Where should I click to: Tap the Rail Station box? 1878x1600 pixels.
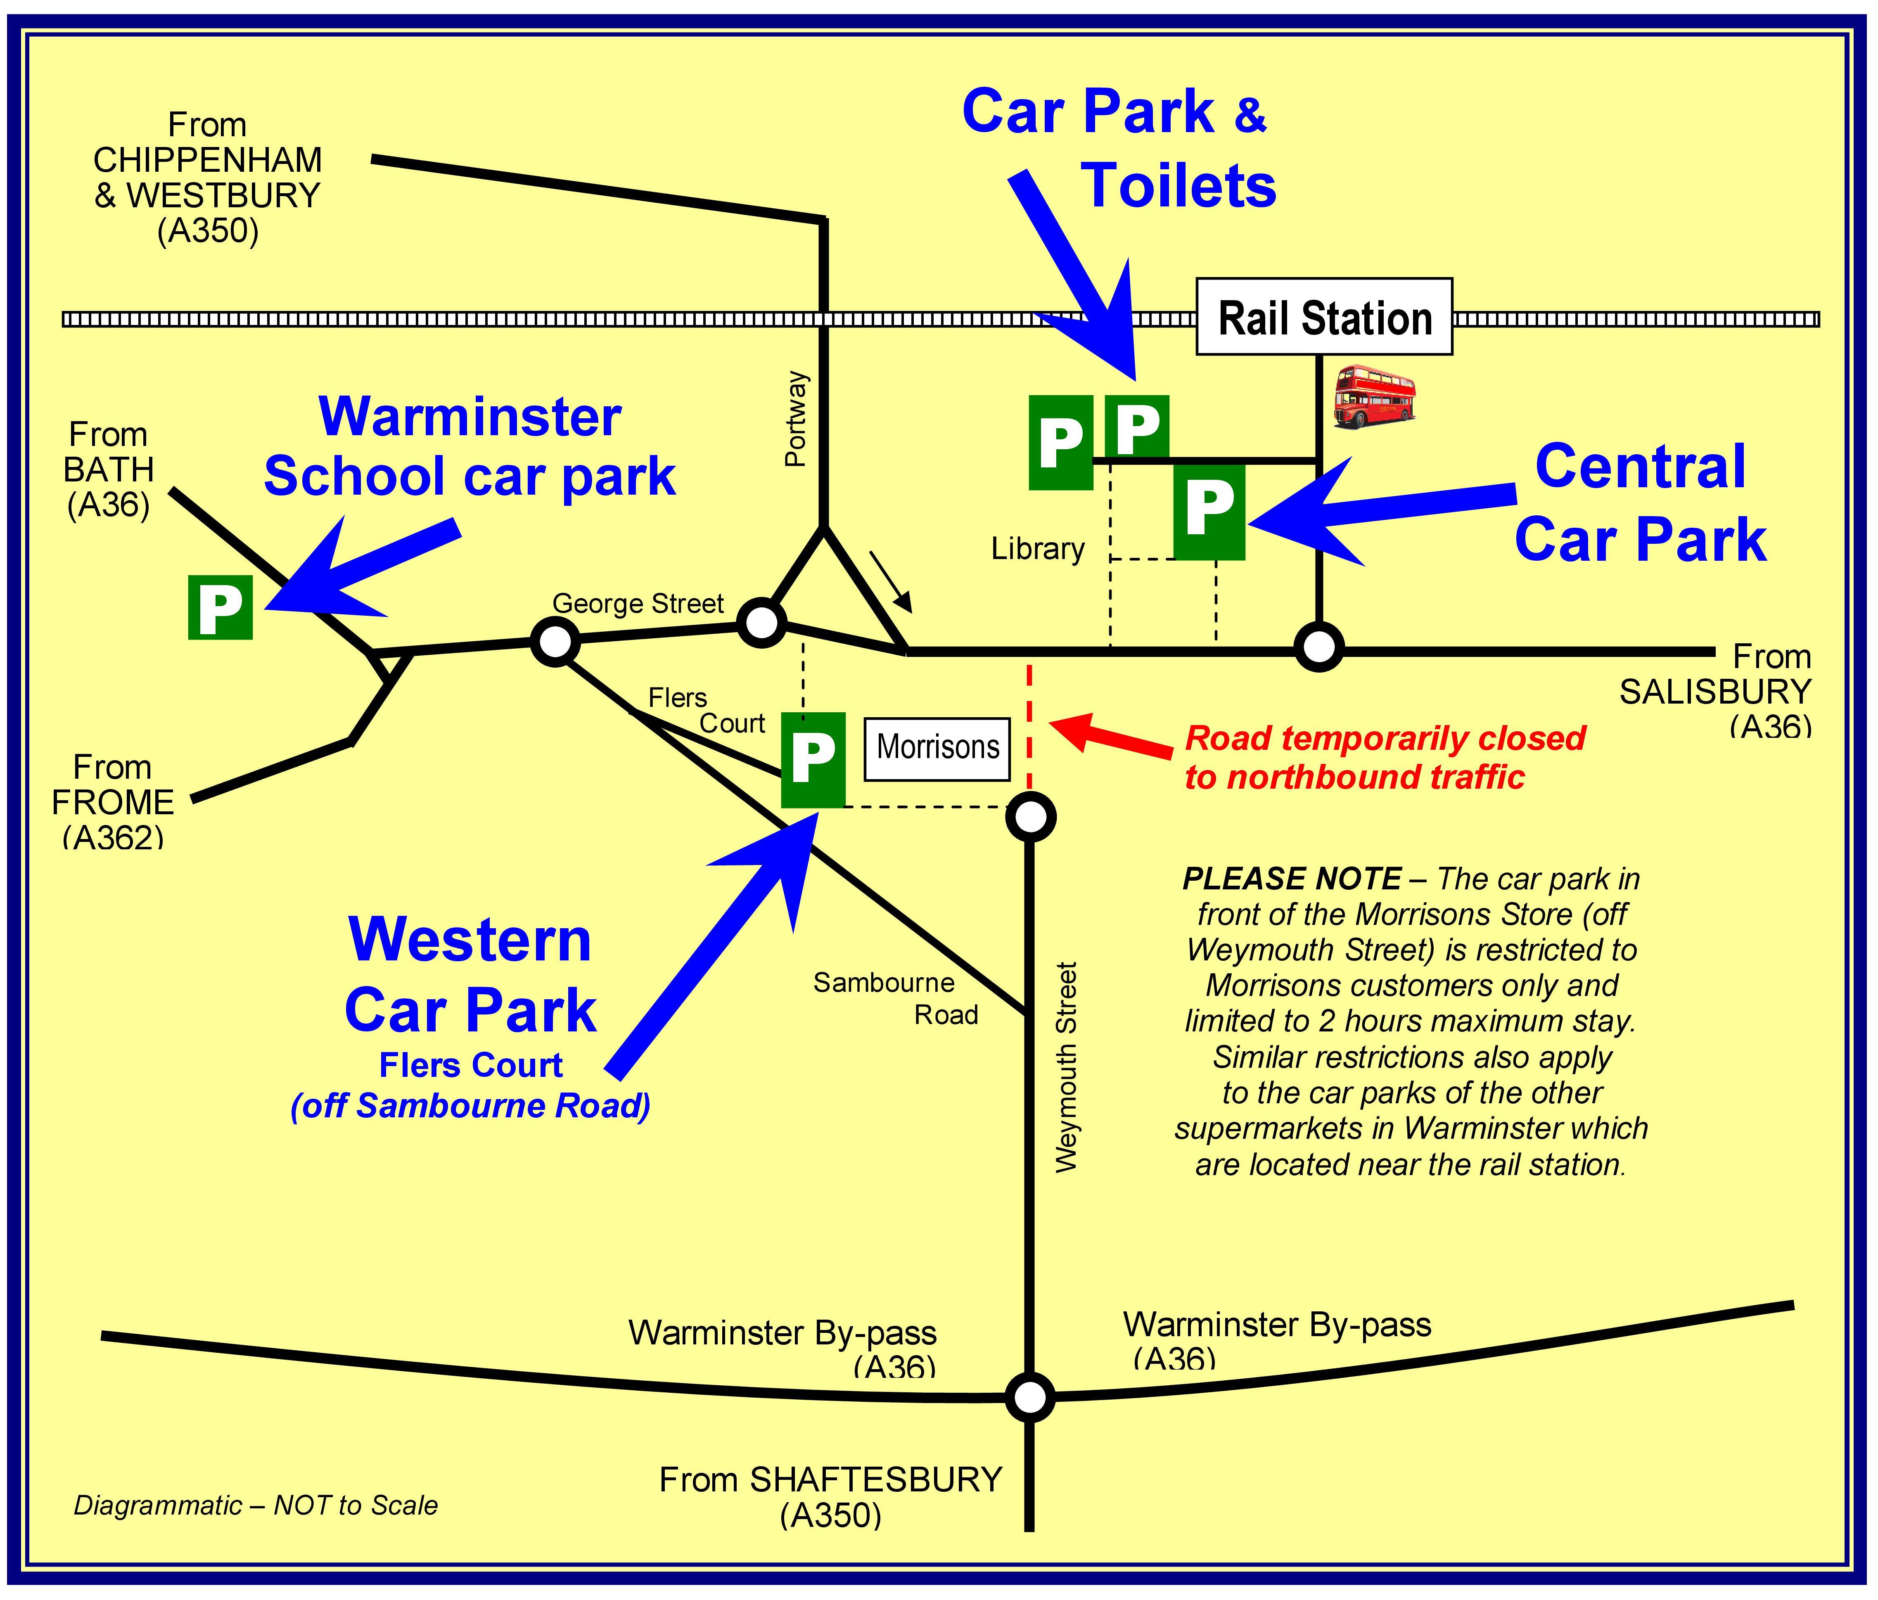1324,317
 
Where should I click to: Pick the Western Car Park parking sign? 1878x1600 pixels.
813,760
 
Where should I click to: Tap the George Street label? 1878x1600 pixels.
638,604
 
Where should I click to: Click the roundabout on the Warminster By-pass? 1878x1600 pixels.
1029,1397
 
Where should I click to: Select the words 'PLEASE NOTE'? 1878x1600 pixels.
1292,878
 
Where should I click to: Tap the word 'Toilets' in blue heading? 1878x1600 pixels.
1179,186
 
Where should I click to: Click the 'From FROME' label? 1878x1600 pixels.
112,786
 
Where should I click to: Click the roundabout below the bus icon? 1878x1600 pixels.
1319,646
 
